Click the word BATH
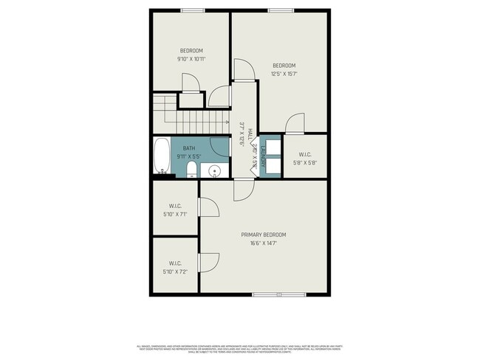click(189, 149)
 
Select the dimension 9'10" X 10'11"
click(191, 59)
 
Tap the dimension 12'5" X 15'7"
click(284, 74)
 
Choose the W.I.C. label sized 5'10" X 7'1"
click(175, 206)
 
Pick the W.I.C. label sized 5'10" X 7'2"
click(175, 263)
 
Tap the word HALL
click(251, 135)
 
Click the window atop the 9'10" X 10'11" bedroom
click(193, 10)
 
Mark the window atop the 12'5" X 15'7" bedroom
click(278, 10)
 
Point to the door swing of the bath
click(220, 145)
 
